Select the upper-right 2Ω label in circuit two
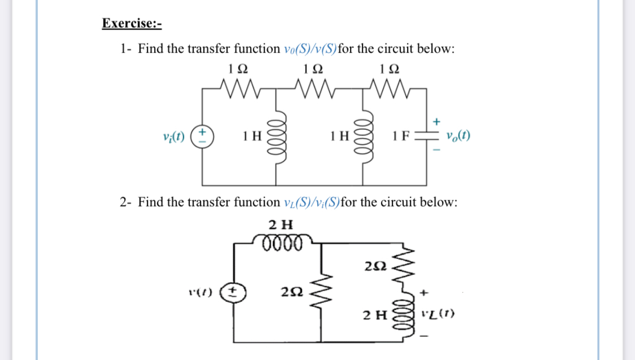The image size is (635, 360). tap(375, 266)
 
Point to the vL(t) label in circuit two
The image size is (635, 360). tap(442, 313)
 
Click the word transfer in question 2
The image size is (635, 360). tap(207, 202)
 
